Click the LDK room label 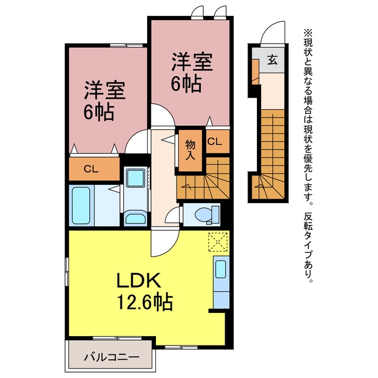tap(139, 281)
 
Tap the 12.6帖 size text tap(145, 301)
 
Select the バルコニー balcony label tap(112, 357)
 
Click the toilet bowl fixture tap(204, 214)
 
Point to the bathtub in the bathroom tap(82, 205)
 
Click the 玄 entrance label tap(272, 60)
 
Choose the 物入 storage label tap(190, 151)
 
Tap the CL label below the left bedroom tap(91, 170)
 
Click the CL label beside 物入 tap(214, 142)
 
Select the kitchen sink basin tap(220, 269)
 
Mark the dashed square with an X tap(218, 242)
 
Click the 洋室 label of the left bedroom tap(105, 91)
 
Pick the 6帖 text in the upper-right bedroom tap(186, 84)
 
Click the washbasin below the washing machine tap(135, 217)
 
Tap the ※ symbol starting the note tap(308, 32)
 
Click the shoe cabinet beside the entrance tap(255, 71)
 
